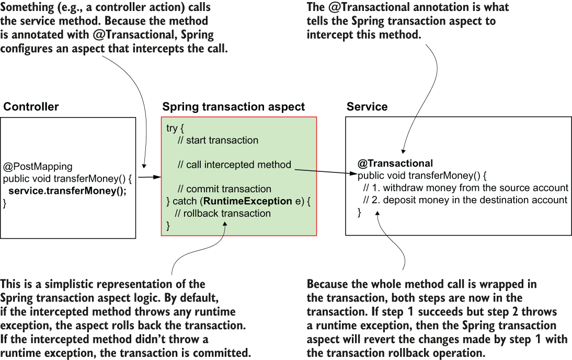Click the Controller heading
click(31, 107)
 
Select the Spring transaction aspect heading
click(233, 107)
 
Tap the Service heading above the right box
click(367, 107)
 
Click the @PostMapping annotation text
click(38, 167)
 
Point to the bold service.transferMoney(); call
click(67, 191)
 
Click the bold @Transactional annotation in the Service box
click(395, 163)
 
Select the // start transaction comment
click(218, 140)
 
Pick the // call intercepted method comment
click(234, 165)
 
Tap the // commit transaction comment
click(224, 189)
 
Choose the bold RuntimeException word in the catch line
click(248, 201)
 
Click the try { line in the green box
click(175, 128)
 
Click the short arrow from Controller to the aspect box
click(150, 178)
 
